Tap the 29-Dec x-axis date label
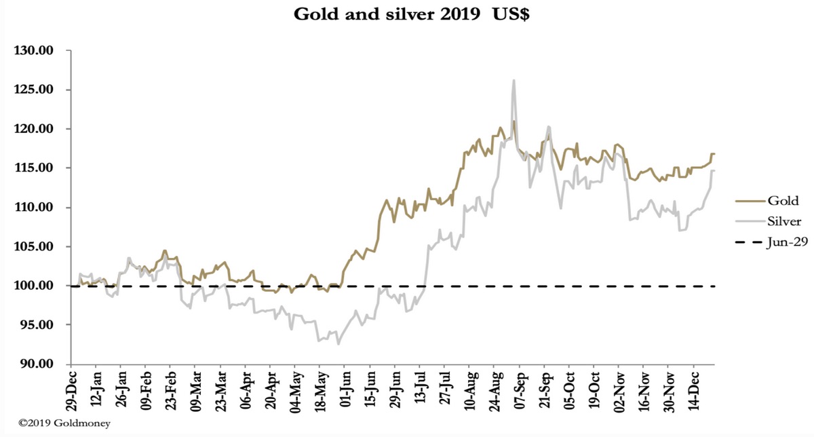click(72, 392)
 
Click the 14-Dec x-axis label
click(696, 392)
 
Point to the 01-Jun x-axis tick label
click(347, 392)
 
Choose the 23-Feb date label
click(172, 392)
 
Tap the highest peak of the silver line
click(513, 80)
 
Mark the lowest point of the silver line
click(338, 344)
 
